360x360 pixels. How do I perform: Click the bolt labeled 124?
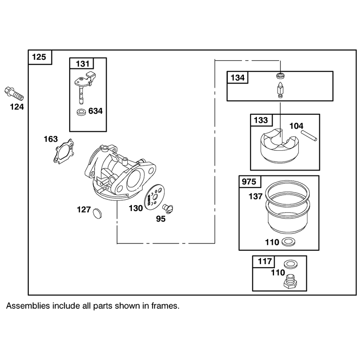tap(14, 94)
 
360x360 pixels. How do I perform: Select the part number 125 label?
tap(39, 57)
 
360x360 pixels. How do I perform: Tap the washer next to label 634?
tap(81, 112)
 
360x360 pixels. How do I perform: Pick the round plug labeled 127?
tap(97, 212)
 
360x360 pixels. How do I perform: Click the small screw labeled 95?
tap(168, 208)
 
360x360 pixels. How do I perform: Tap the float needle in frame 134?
tap(280, 90)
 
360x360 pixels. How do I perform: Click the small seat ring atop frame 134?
tap(280, 75)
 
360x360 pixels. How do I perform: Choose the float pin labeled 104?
tap(309, 135)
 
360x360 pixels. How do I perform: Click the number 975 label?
tap(249, 182)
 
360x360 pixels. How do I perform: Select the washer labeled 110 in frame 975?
tap(288, 242)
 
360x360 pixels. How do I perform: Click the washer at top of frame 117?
tap(290, 264)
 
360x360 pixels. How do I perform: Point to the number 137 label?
tap(255, 196)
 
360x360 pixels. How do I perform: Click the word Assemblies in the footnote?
tap(28, 306)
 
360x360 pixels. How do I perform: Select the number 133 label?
tap(261, 120)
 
